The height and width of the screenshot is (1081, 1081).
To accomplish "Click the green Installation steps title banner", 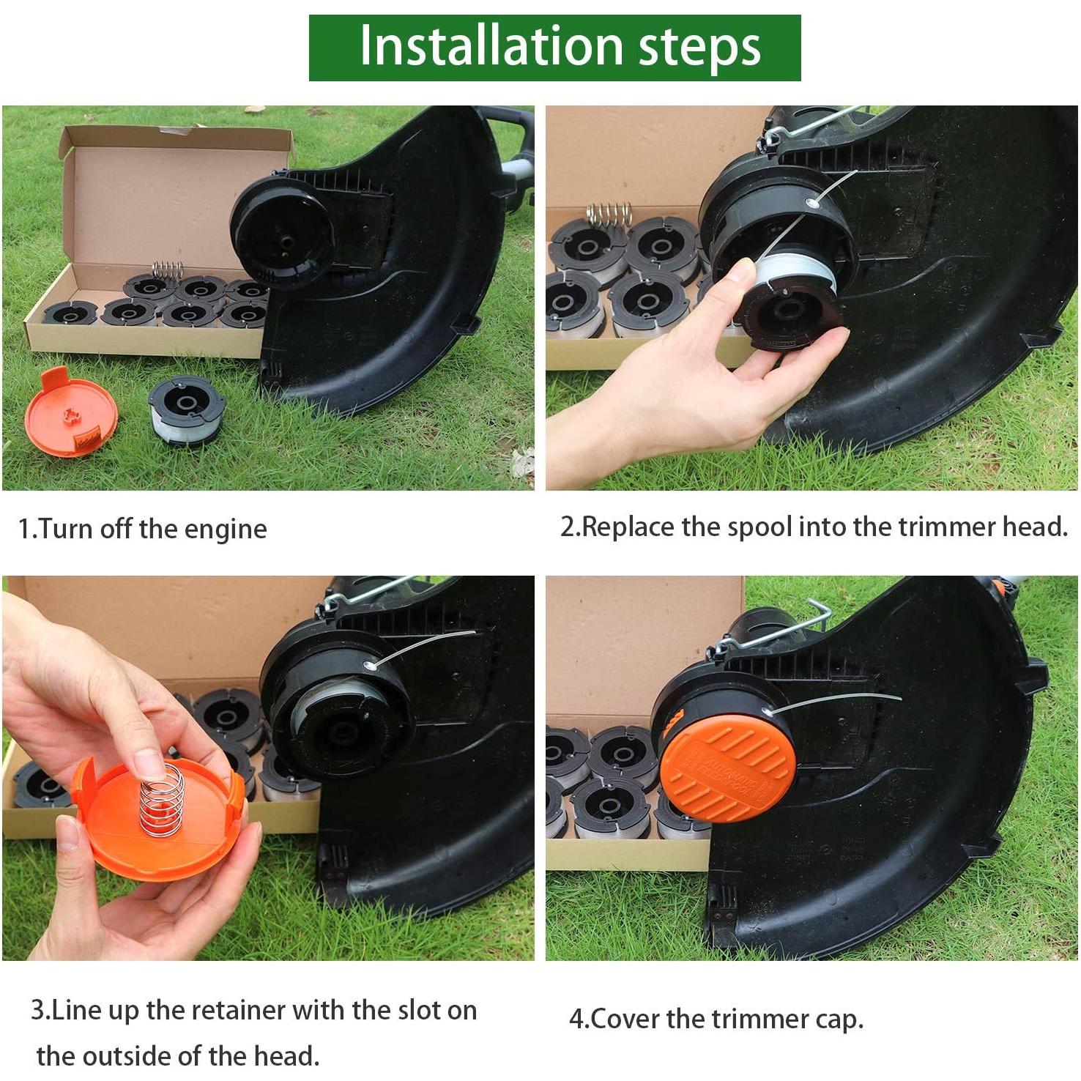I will (554, 48).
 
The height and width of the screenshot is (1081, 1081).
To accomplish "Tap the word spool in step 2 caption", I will (759, 527).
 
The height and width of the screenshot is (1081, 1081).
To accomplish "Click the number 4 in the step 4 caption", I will (576, 1019).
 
